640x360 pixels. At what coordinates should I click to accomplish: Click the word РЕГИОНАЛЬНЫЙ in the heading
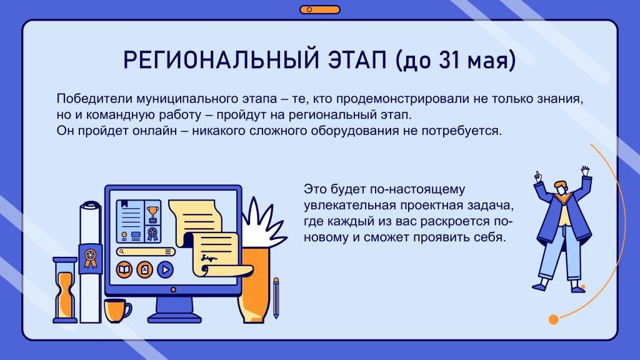pyautogui.click(x=221, y=59)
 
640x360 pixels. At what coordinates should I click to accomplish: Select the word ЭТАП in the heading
pyautogui.click(x=357, y=59)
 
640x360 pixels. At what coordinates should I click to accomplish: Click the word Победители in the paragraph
pyautogui.click(x=94, y=99)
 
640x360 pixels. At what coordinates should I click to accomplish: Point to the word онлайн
pyautogui.click(x=154, y=131)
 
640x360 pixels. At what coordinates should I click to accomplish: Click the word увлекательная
pyautogui.click(x=349, y=205)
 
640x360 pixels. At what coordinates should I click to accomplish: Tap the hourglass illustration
pyautogui.click(x=65, y=290)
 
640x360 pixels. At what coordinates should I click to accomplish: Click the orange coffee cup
pyautogui.click(x=117, y=310)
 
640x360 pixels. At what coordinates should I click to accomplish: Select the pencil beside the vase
pyautogui.click(x=276, y=298)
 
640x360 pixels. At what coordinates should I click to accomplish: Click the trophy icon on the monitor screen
pyautogui.click(x=152, y=212)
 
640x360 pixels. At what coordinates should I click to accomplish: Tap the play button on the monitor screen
pyautogui.click(x=165, y=270)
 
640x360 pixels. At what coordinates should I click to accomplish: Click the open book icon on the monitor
pyautogui.click(x=124, y=270)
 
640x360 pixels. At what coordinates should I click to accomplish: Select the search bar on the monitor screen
pyautogui.click(x=146, y=252)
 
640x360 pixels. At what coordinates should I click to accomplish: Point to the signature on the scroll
pyautogui.click(x=209, y=258)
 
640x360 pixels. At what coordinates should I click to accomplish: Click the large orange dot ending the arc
pyautogui.click(x=554, y=319)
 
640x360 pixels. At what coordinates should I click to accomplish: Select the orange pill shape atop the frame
pyautogui.click(x=320, y=9)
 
